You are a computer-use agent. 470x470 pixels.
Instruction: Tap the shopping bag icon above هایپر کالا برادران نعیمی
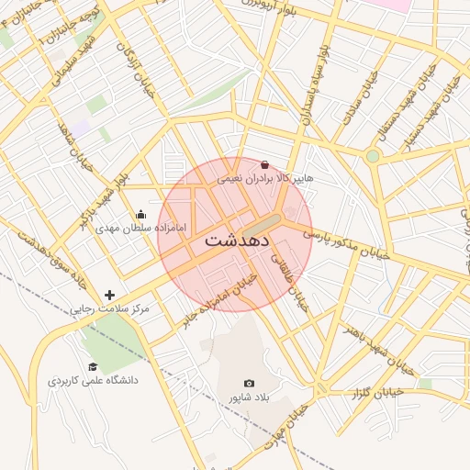pyautogui.click(x=265, y=164)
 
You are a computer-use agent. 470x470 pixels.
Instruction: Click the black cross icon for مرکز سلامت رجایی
pyautogui.click(x=110, y=295)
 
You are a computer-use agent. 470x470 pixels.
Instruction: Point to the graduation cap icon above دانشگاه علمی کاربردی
pyautogui.click(x=92, y=366)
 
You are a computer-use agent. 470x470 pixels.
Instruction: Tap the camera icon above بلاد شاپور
pyautogui.click(x=249, y=383)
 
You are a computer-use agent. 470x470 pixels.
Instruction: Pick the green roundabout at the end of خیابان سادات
pyautogui.click(x=372, y=156)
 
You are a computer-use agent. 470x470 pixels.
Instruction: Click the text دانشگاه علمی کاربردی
pyautogui.click(x=92, y=380)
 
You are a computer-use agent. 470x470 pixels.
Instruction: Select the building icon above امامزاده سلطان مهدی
pyautogui.click(x=140, y=215)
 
